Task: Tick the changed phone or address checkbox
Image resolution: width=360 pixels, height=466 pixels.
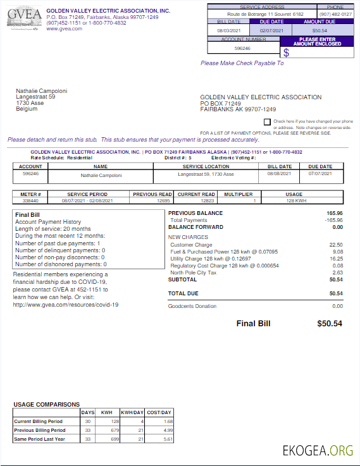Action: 267,121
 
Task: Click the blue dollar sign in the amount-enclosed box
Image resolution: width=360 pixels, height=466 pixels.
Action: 286,52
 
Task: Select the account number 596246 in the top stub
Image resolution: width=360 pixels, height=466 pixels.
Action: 242,48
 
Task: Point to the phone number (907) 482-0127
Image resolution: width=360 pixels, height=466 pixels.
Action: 335,13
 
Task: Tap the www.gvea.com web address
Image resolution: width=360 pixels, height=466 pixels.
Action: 64,28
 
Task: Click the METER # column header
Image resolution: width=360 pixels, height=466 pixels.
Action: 31,194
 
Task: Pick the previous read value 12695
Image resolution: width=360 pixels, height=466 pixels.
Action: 164,200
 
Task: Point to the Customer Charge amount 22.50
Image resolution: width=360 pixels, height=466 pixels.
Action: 336,244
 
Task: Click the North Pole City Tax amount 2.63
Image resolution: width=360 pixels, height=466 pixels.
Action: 337,273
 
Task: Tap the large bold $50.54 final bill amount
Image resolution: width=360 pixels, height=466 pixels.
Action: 329,323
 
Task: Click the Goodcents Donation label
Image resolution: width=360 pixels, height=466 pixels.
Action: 192,306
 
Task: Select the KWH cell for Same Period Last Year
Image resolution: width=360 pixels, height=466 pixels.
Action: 115,438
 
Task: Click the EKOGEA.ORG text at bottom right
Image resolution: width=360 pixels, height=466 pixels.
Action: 318,450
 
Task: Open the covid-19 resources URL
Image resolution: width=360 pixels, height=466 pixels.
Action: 66,304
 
